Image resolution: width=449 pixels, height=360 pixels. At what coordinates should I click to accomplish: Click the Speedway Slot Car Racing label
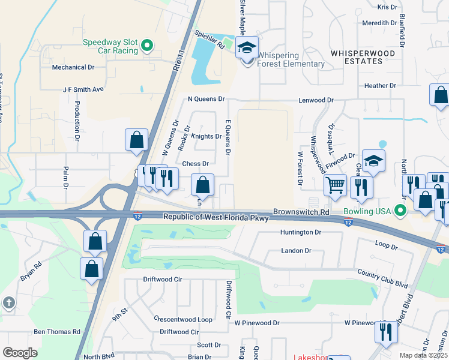coord(110,46)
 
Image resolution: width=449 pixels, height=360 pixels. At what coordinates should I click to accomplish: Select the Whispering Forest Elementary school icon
coord(247,47)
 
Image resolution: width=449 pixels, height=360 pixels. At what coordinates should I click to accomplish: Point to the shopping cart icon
coord(336,185)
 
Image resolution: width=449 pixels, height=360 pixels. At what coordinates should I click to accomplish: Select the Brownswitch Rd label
coord(301,212)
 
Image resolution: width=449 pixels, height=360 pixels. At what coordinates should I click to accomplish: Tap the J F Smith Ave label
coord(83,89)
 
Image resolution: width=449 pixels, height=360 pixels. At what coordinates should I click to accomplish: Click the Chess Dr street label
coord(195,164)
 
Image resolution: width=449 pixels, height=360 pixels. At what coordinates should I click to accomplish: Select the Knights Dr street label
coord(207,136)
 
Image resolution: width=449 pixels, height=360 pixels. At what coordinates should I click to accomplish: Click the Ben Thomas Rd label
coord(57,331)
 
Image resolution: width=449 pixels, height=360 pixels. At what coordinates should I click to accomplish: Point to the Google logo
coord(20,353)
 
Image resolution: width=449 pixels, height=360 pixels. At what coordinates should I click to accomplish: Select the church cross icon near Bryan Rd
coord(8,303)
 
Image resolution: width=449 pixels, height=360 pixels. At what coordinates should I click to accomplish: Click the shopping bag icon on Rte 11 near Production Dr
coord(137,140)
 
